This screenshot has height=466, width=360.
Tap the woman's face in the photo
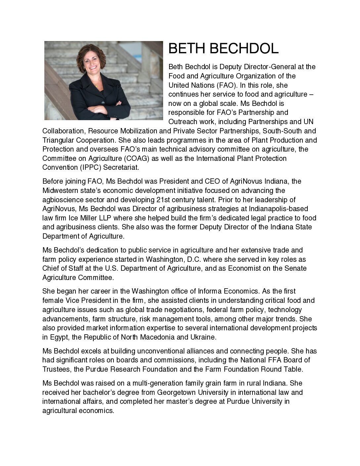click(91, 62)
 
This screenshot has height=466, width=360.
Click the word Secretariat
click(122, 167)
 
